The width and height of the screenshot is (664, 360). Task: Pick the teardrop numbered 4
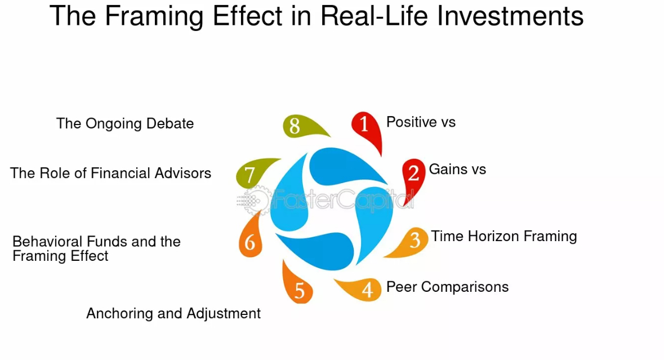[x=362, y=290]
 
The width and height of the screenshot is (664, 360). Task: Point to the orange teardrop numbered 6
[x=250, y=239]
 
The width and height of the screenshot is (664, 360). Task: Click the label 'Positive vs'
[x=421, y=122]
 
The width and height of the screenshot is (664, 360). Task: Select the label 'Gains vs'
[x=457, y=169]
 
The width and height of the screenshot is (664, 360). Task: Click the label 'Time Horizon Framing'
[x=504, y=236]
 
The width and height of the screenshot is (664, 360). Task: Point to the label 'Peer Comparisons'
[x=447, y=287]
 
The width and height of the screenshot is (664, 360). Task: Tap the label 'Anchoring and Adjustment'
[x=173, y=313]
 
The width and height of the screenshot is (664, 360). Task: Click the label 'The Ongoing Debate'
[x=125, y=124]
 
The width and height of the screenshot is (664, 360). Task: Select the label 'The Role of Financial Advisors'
[x=110, y=173]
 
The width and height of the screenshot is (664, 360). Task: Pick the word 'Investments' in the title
[x=510, y=16]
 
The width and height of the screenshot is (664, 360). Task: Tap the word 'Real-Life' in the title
[x=375, y=16]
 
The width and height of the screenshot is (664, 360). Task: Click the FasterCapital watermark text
[x=342, y=199]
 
